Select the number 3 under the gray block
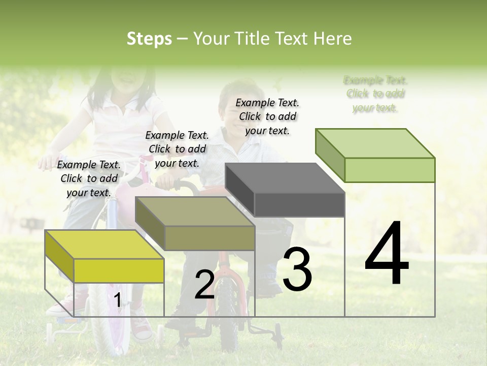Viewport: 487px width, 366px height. coord(297,269)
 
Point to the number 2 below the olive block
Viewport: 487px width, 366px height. coord(204,285)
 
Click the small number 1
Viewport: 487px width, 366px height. coord(117,300)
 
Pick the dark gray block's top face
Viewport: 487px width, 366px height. coord(285,178)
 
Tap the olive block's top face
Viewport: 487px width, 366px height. coord(195,211)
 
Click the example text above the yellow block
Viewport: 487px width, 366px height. coord(89,178)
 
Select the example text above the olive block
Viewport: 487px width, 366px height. coord(177,149)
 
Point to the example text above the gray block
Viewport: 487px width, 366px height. coord(267,116)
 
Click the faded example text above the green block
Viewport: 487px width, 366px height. coord(375,94)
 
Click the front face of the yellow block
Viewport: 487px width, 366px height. coord(119,270)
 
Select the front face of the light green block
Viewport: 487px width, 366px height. coord(390,170)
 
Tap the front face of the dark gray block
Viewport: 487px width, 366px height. coord(299,204)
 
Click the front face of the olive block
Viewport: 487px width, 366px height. coord(210,238)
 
